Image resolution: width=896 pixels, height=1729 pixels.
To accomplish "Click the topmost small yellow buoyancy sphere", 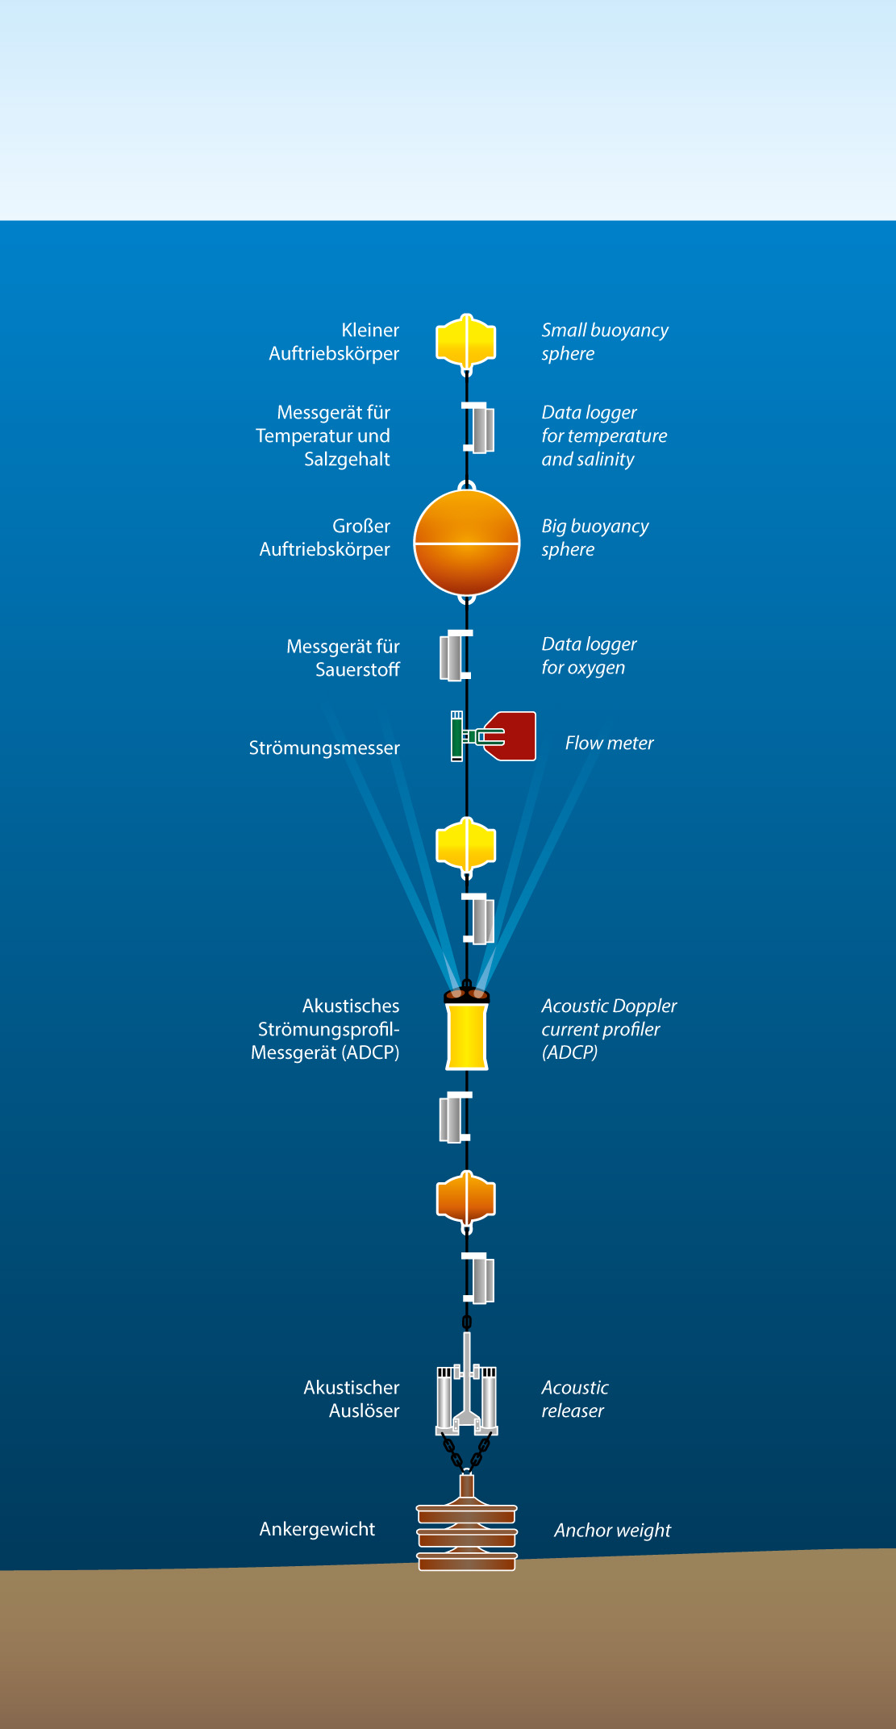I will tap(466, 341).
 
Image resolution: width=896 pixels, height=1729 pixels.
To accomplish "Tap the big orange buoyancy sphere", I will tap(466, 542).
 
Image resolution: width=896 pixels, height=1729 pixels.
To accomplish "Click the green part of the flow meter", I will tap(457, 735).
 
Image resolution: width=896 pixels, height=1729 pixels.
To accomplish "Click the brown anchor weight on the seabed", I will tap(467, 1537).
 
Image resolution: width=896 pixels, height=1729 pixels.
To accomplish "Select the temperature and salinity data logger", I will tap(481, 428).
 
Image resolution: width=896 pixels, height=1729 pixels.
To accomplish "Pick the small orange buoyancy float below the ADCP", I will tap(466, 1198).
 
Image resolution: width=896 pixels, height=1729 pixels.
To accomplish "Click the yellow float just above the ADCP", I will tap(466, 845).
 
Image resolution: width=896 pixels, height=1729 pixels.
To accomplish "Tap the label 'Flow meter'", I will tap(609, 743).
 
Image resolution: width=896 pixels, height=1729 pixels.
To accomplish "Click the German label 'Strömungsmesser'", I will tap(324, 748).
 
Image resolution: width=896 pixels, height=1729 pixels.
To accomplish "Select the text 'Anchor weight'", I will tap(612, 1530).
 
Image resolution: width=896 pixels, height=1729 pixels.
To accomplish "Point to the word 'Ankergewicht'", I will tap(317, 1529).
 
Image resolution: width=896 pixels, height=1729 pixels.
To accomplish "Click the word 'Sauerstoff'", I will tap(357, 669).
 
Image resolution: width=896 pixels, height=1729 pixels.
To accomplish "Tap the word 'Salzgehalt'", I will tap(347, 459).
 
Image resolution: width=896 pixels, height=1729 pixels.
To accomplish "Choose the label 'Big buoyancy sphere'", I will tap(594, 538).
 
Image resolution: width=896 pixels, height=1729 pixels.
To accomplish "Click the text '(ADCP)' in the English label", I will tap(569, 1052).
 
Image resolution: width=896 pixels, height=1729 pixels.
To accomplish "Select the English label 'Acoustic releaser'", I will tap(574, 1398).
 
